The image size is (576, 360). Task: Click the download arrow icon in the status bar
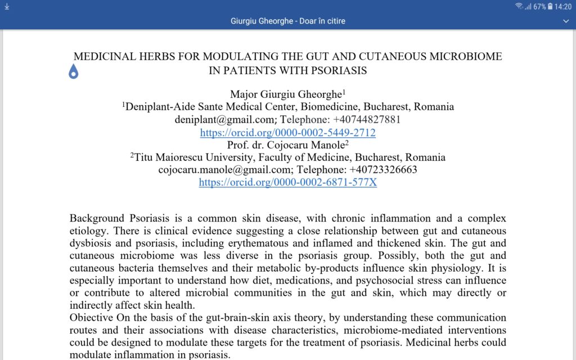[x=7, y=6]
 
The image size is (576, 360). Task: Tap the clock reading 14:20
[x=563, y=7]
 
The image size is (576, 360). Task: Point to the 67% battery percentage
[x=539, y=7]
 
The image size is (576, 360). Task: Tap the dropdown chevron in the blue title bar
[x=566, y=21]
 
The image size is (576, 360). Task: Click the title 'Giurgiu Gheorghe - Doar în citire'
[x=288, y=21]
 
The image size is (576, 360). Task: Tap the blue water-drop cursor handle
[x=74, y=72]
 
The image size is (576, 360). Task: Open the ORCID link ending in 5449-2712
[x=288, y=133]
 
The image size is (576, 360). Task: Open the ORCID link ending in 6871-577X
[x=288, y=183]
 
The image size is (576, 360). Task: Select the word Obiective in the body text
[x=90, y=318]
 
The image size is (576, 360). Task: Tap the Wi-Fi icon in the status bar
[x=519, y=6]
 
